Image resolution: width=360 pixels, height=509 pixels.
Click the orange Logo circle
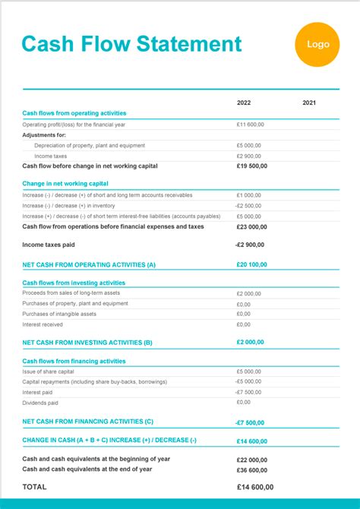[317, 44]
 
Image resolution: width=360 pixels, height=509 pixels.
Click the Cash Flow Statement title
[131, 44]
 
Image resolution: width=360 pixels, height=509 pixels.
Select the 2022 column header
[244, 103]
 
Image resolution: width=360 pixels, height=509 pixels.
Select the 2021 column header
[309, 103]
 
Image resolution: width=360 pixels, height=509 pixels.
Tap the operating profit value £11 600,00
[250, 124]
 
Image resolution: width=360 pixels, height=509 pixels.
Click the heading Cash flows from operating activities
[74, 113]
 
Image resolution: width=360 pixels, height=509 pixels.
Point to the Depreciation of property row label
[90, 145]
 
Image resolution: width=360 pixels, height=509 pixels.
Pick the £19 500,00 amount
[251, 166]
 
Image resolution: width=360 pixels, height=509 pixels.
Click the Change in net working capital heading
[65, 183]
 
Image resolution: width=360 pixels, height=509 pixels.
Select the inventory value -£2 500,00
[248, 205]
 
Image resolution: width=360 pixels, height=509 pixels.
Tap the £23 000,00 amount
[251, 226]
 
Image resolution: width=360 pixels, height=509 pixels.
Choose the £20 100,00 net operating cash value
[251, 264]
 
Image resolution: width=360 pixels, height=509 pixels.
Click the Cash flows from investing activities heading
[74, 283]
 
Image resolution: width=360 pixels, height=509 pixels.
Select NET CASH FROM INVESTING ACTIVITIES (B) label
[87, 342]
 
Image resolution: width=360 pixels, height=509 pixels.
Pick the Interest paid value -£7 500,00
[248, 392]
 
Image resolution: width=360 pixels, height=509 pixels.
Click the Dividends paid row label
[40, 403]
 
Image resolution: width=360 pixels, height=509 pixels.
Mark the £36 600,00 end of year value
[251, 469]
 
